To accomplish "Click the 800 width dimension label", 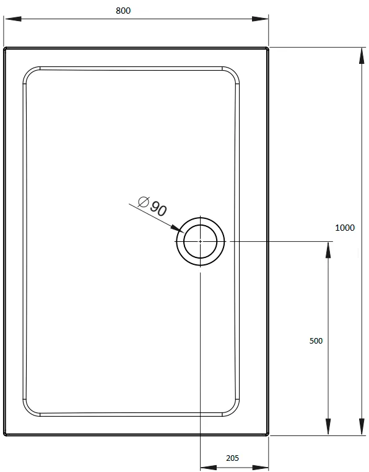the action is [x=123, y=11].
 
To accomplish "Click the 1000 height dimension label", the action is [x=345, y=228].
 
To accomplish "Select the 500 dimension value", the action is [x=316, y=341].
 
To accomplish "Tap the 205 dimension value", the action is [x=232, y=458].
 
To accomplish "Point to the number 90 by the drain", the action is [x=158, y=208].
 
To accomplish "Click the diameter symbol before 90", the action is [x=144, y=202].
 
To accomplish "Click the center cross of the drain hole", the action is [x=201, y=241].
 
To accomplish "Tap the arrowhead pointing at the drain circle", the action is [x=177, y=228].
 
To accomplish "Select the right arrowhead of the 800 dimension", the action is [x=260, y=19].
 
